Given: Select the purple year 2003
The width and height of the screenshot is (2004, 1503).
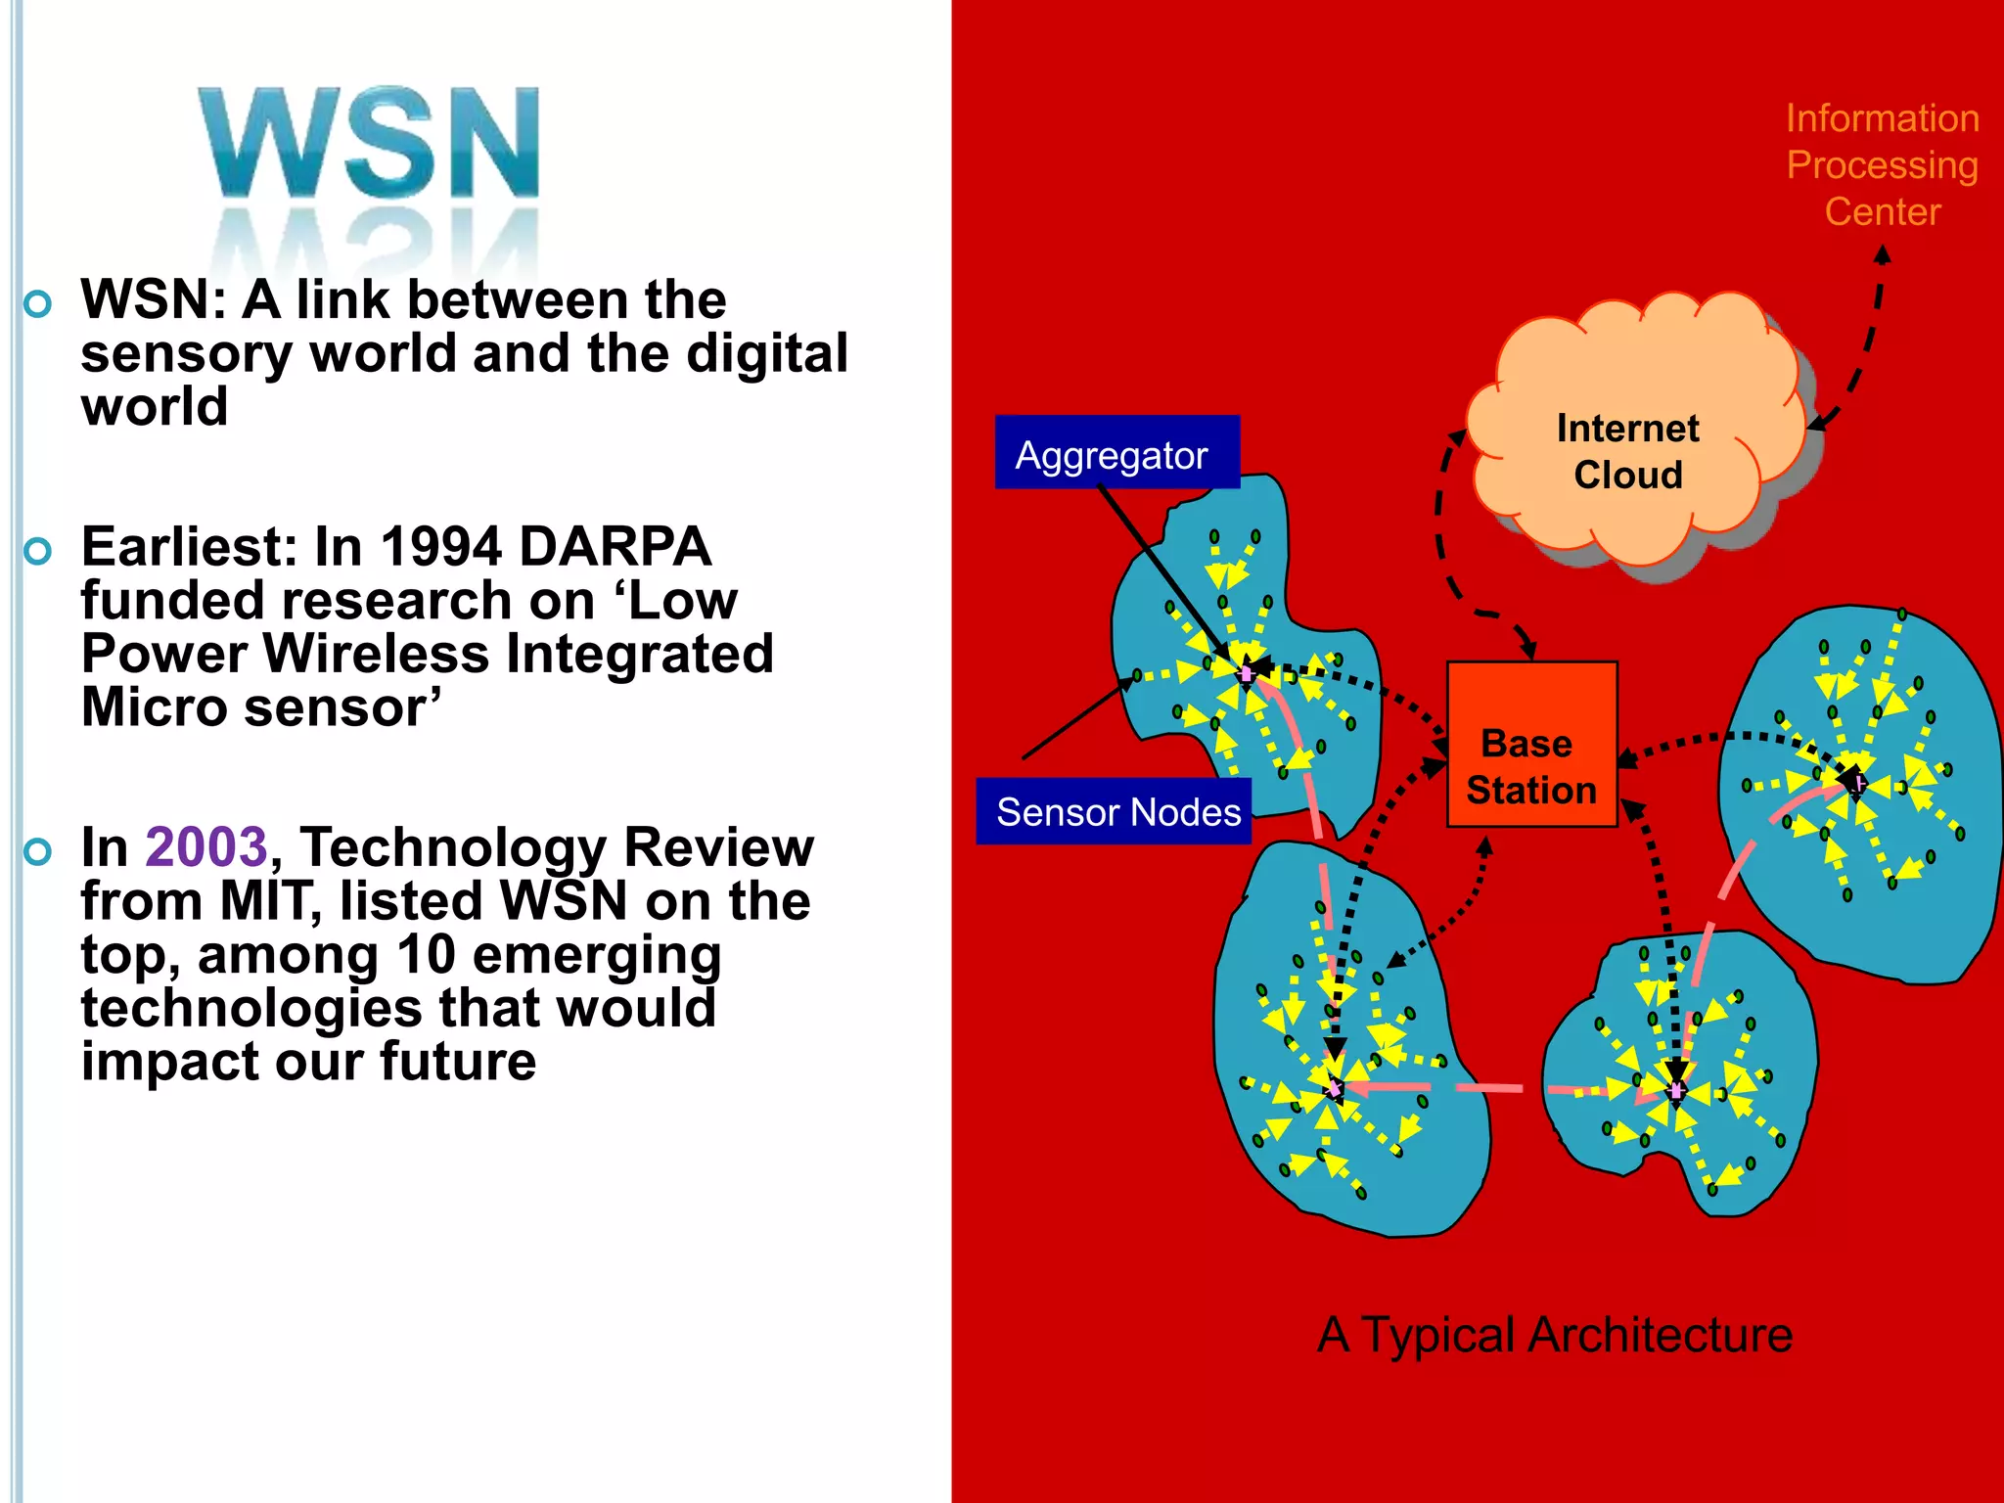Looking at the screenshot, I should pyautogui.click(x=205, y=847).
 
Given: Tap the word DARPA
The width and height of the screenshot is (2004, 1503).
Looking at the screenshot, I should pyautogui.click(x=615, y=547).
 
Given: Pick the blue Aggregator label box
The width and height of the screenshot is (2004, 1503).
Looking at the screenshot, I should pyautogui.click(x=1116, y=453).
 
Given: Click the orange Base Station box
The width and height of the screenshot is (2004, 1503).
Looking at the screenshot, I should pyautogui.click(x=1531, y=745).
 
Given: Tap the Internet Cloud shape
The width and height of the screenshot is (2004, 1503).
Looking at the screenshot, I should pyautogui.click(x=1628, y=440).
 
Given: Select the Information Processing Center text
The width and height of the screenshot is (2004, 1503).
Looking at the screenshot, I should pyautogui.click(x=1882, y=165).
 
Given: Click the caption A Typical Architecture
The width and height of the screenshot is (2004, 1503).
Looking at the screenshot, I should pyautogui.click(x=1555, y=1335).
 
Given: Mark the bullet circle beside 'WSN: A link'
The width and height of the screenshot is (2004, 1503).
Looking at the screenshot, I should pyautogui.click(x=37, y=304).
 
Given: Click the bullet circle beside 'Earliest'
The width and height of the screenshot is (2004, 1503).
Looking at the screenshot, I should pyautogui.click(x=37, y=552).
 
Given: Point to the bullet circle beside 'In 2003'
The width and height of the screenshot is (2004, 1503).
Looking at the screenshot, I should pyautogui.click(x=37, y=852).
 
